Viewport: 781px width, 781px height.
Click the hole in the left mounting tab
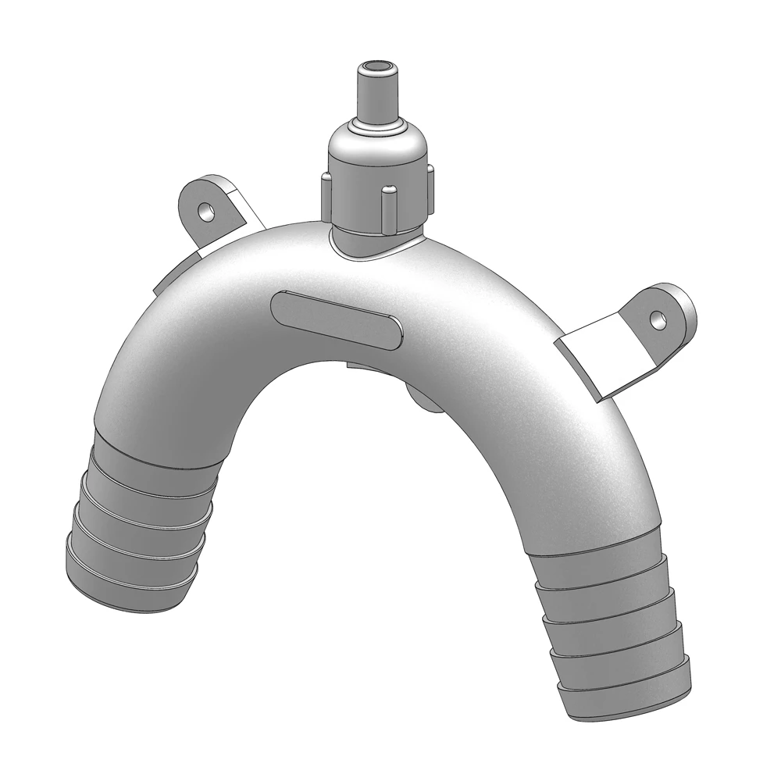tap(205, 211)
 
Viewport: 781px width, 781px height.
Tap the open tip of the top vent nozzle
tap(376, 66)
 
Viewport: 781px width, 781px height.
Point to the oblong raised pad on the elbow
tap(337, 319)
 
